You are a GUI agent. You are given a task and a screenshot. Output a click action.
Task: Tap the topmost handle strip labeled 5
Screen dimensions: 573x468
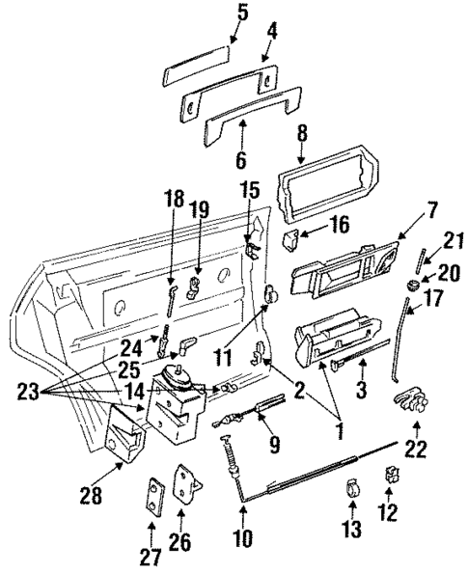197,75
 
